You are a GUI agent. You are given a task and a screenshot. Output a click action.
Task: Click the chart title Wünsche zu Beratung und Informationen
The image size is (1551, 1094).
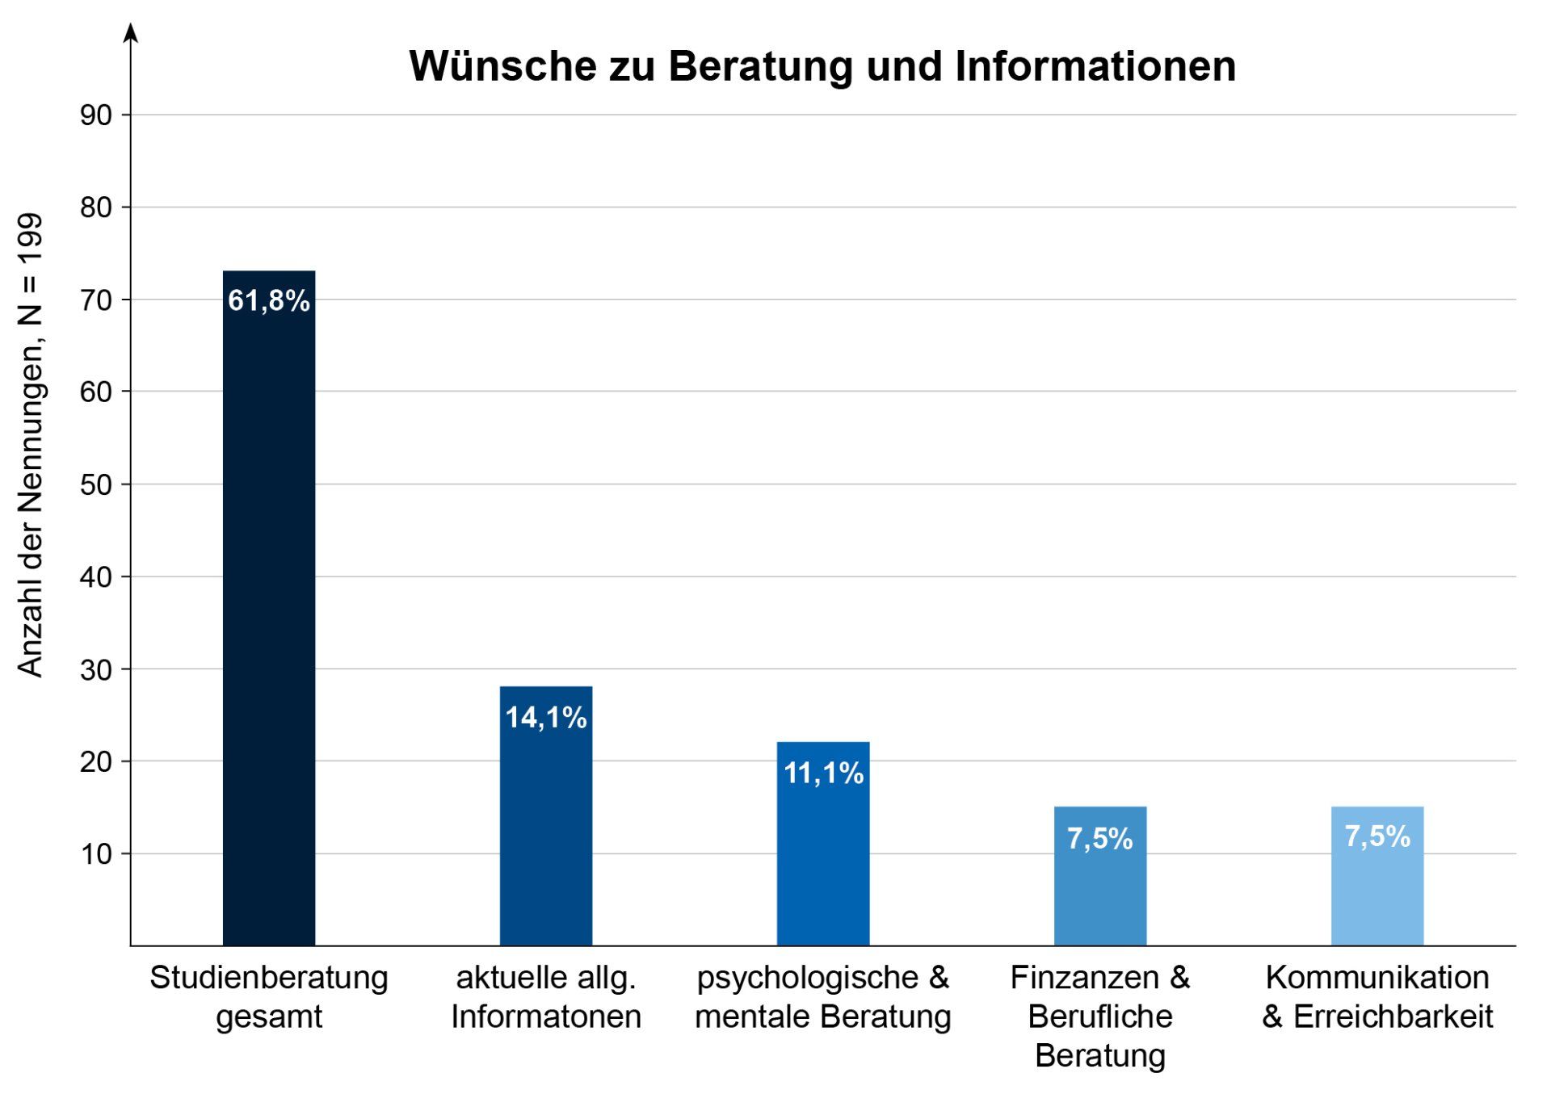pos(822,66)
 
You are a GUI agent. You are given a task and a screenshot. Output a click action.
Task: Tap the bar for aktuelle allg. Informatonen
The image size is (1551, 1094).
pos(545,832)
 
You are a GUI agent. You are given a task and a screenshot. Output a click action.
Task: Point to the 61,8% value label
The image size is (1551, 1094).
pos(269,301)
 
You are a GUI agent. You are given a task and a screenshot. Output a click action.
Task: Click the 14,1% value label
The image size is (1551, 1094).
pos(545,718)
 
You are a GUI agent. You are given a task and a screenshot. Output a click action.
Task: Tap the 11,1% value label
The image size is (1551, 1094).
pos(823,773)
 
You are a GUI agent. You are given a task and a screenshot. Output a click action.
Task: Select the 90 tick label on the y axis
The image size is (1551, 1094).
pos(95,115)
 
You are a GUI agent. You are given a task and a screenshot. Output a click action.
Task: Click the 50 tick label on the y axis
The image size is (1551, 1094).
pos(95,485)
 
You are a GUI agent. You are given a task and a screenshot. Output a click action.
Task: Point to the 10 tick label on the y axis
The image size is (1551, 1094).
pos(95,854)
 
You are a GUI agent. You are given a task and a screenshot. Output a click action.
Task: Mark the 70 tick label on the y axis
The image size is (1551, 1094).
pos(95,300)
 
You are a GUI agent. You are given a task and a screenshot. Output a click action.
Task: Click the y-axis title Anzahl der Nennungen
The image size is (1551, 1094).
pos(31,444)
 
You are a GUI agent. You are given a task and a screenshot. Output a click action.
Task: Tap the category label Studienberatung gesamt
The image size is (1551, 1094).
pos(269,996)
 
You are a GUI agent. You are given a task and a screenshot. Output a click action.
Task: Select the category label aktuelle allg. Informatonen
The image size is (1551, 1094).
pos(545,996)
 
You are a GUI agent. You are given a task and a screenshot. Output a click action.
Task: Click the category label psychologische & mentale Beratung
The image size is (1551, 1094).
pos(822,996)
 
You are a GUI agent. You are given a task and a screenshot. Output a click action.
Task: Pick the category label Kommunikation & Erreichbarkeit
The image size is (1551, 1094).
pos(1377,996)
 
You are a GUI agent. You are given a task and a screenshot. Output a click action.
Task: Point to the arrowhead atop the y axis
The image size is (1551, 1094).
pos(131,32)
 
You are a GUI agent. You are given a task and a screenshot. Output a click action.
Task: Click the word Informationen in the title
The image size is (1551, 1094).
pos(1095,66)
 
